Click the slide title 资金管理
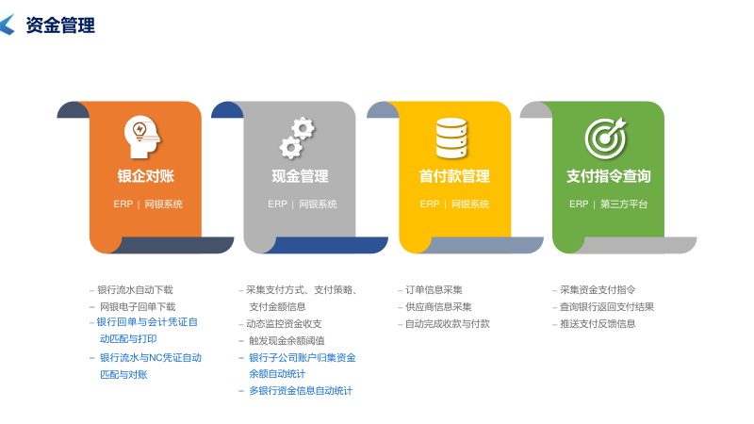point(60,25)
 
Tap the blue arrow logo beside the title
point(8,25)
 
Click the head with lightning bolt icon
point(141,138)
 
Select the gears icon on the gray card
point(296,138)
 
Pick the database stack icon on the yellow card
point(451,138)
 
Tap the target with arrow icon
point(605,138)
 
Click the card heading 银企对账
point(145,176)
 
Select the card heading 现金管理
point(300,176)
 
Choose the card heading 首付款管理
point(454,176)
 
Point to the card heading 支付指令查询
point(608,176)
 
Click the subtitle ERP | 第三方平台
point(608,204)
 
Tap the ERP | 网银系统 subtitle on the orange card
point(148,204)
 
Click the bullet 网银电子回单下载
point(138,306)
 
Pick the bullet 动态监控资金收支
point(284,323)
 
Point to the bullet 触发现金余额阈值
point(287,340)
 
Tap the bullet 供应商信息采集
point(438,306)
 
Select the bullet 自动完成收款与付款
point(447,323)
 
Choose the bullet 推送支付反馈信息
point(598,323)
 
